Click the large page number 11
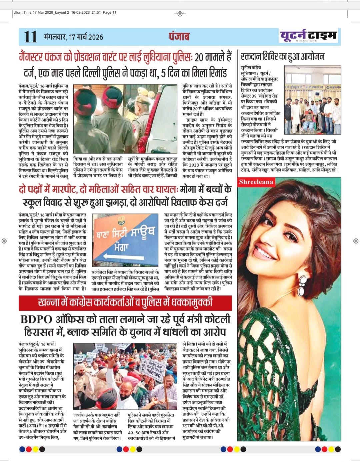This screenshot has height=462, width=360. [x=31, y=37]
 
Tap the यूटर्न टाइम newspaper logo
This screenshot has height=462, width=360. [x=308, y=35]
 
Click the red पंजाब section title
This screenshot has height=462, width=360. [x=179, y=36]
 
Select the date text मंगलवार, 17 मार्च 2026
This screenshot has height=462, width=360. [x=73, y=37]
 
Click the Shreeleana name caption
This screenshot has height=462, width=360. [x=256, y=182]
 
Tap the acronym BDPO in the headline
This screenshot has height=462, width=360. [x=37, y=319]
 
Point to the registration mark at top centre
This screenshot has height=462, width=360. [x=180, y=14]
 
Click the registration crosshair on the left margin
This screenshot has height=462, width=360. [x=4, y=240]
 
